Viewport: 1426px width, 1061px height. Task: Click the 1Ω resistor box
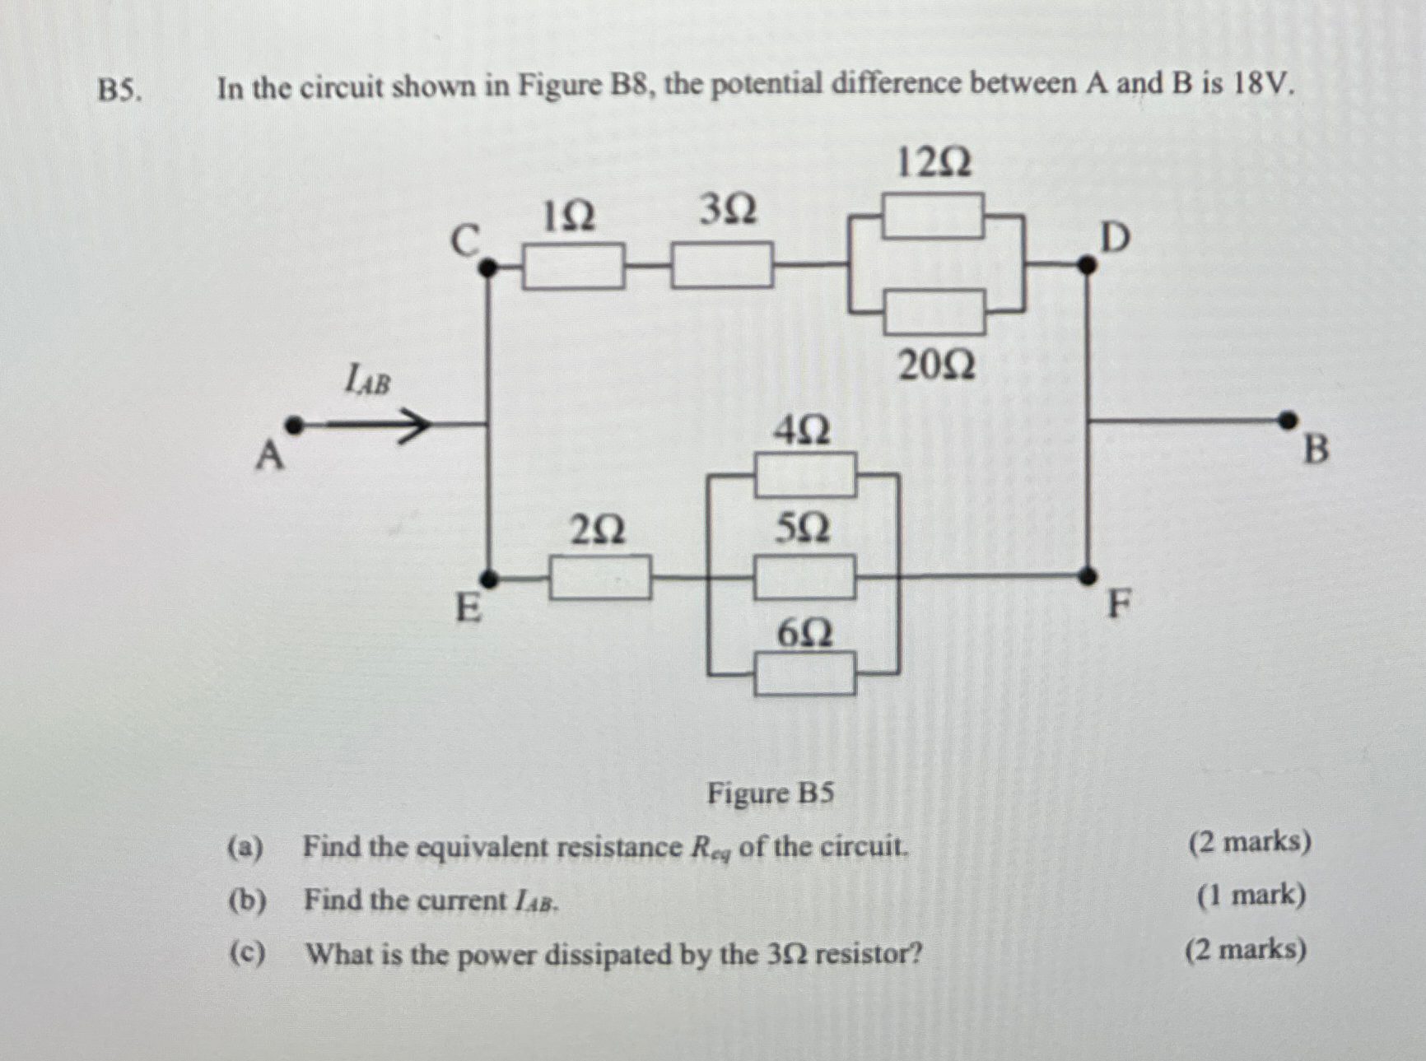pyautogui.click(x=573, y=267)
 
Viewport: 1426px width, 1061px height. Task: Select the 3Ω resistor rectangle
pyautogui.click(x=722, y=265)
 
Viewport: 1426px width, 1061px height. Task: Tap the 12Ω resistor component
pyautogui.click(x=933, y=216)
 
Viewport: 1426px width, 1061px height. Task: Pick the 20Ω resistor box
pyautogui.click(x=935, y=311)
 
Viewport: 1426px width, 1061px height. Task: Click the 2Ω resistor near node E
pyautogui.click(x=600, y=578)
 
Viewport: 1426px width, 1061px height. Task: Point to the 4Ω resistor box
pyautogui.click(x=805, y=475)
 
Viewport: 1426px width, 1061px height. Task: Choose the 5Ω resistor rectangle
pyautogui.click(x=804, y=577)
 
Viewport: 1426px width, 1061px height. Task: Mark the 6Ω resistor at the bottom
pyautogui.click(x=805, y=673)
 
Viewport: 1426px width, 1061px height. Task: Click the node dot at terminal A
pyautogui.click(x=294, y=426)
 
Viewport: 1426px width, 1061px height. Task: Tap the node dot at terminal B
pyautogui.click(x=1287, y=421)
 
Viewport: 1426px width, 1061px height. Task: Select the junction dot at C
pyautogui.click(x=487, y=267)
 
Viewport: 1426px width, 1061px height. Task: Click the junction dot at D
pyautogui.click(x=1087, y=265)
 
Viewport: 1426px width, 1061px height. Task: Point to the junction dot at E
pyautogui.click(x=488, y=579)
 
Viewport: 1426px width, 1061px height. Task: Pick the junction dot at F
pyautogui.click(x=1088, y=575)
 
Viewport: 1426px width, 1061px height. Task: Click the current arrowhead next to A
pyautogui.click(x=416, y=426)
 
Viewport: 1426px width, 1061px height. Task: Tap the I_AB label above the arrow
pyautogui.click(x=367, y=380)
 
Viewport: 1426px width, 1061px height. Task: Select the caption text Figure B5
pyautogui.click(x=771, y=793)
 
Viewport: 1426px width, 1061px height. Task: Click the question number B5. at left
pyautogui.click(x=119, y=90)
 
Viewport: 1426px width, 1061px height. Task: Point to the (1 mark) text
pyautogui.click(x=1251, y=895)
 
